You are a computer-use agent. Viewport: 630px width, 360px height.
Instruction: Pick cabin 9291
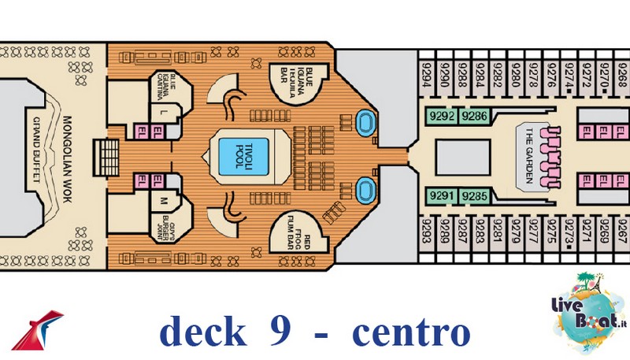443,195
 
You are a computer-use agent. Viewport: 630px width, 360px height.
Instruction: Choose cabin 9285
475,195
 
